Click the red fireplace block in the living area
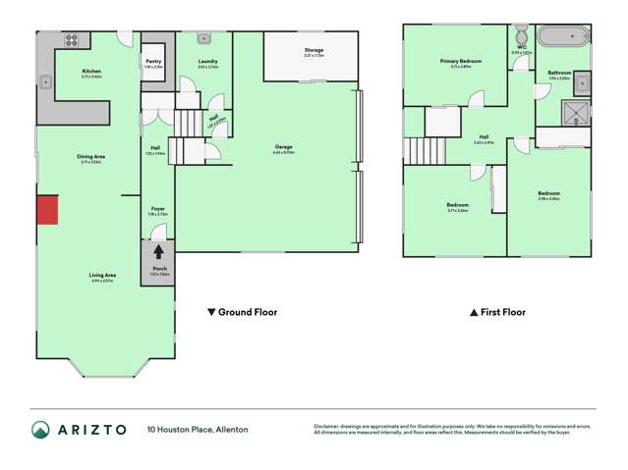click(47, 209)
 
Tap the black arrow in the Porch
click(155, 252)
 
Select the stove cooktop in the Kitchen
click(72, 41)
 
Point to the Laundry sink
click(203, 39)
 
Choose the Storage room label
click(314, 49)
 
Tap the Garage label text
click(283, 147)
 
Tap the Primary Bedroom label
click(453, 62)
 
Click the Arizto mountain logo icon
click(40, 429)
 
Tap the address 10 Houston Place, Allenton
click(198, 429)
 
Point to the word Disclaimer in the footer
click(330, 424)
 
